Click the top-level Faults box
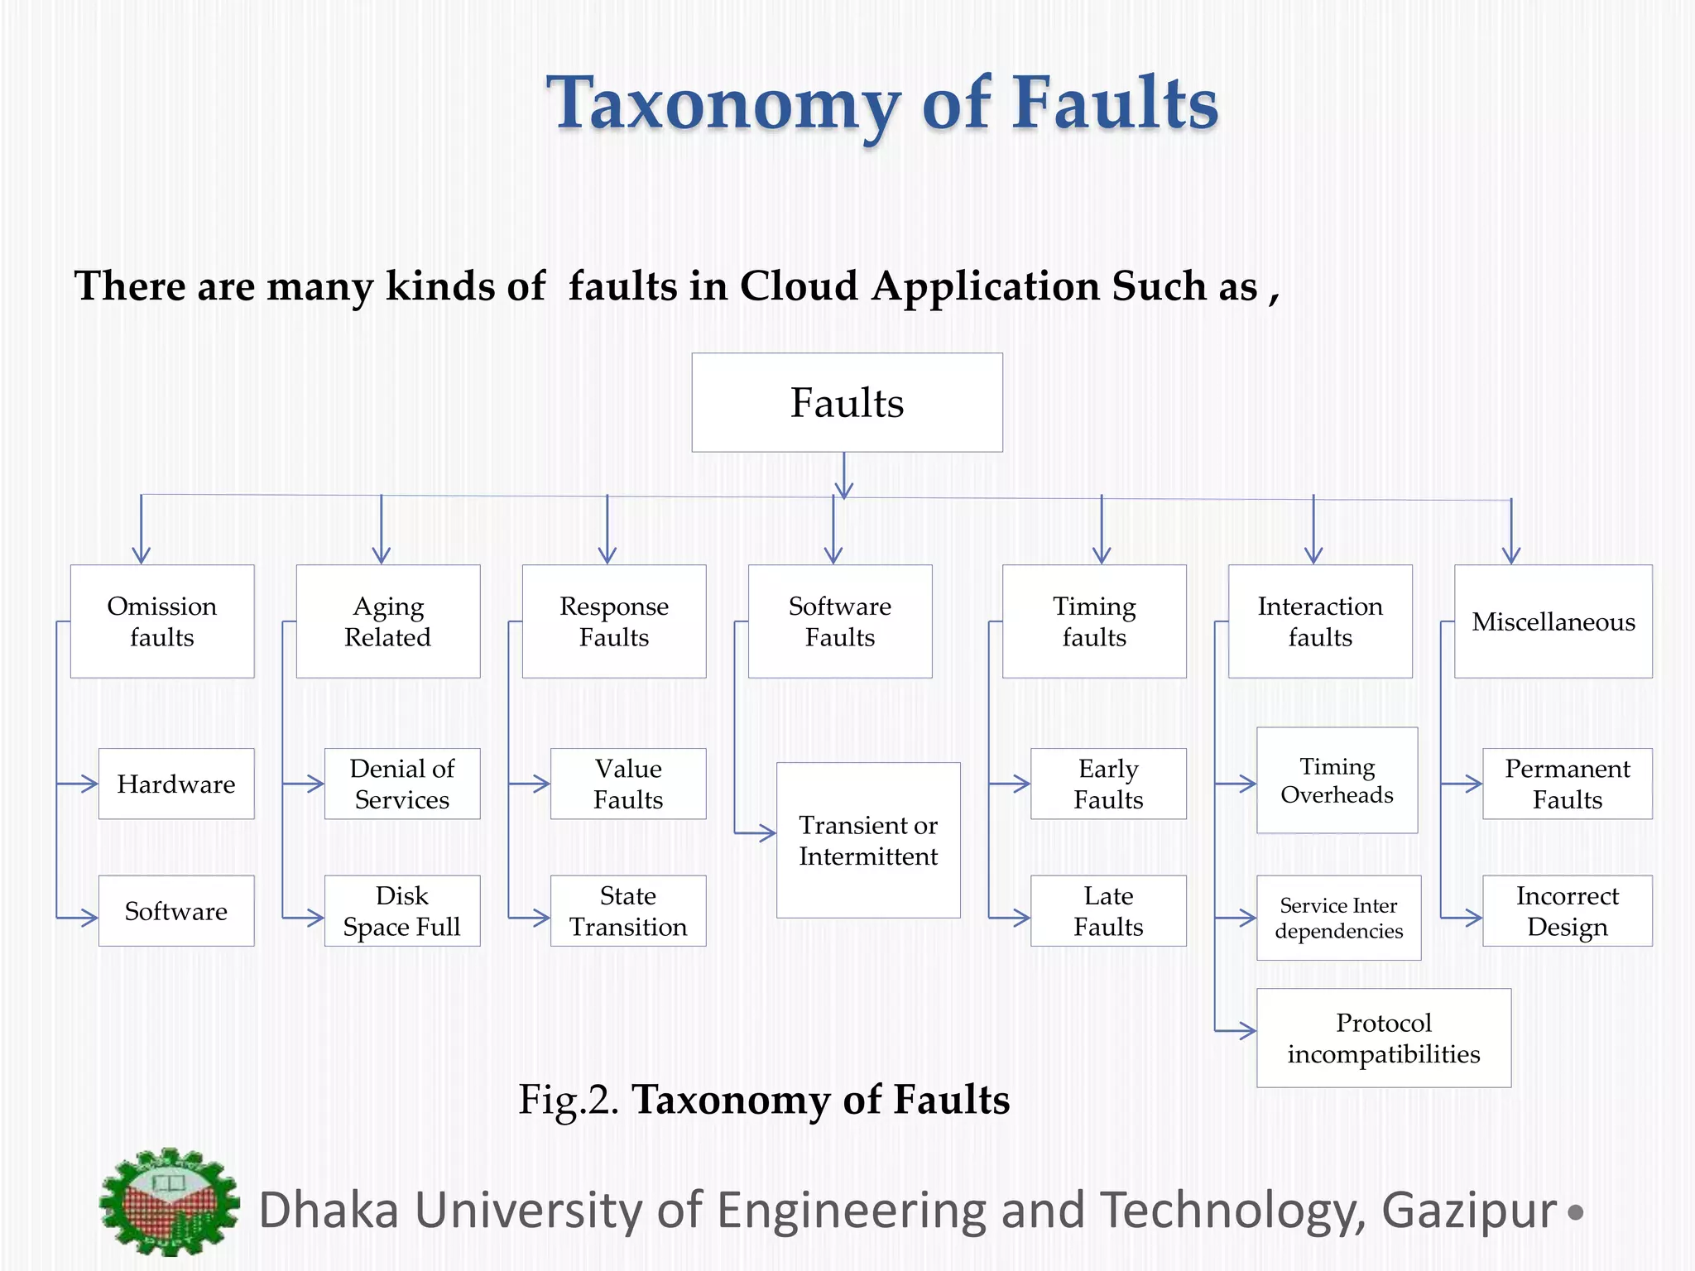pyautogui.click(x=847, y=403)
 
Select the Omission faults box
pyautogui.click(x=162, y=621)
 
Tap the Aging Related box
pyautogui.click(x=387, y=621)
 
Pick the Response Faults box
pyautogui.click(x=613, y=621)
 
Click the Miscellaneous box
pyautogui.click(x=1553, y=621)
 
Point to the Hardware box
pyautogui.click(x=175, y=784)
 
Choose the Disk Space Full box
pyautogui.click(x=402, y=911)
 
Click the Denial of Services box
pyautogui.click(x=402, y=784)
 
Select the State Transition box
pyautogui.click(x=628, y=911)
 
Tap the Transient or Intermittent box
pyautogui.click(x=868, y=840)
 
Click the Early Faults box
pyautogui.click(x=1108, y=784)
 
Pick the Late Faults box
pyautogui.click(x=1108, y=911)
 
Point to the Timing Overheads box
pyautogui.click(x=1337, y=780)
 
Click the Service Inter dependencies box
pyautogui.click(x=1338, y=918)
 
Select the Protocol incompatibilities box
pyautogui.click(x=1383, y=1038)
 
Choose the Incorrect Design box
pyautogui.click(x=1567, y=911)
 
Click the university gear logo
pyautogui.click(x=170, y=1202)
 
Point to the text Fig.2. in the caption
pyautogui.click(x=568, y=1101)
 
